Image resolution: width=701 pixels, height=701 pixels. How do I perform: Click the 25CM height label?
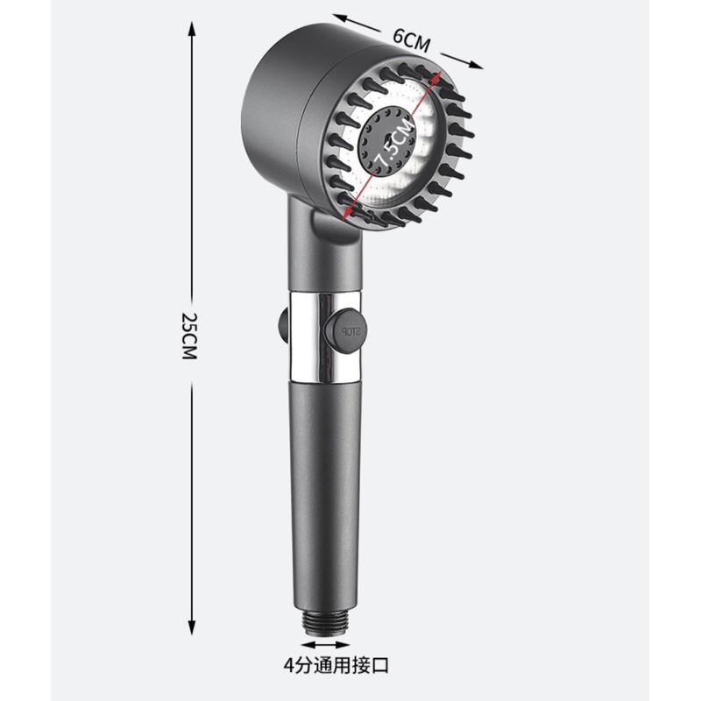[188, 336]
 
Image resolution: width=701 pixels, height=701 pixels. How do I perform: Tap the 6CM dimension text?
[412, 40]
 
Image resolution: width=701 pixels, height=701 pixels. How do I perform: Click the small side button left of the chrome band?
[284, 325]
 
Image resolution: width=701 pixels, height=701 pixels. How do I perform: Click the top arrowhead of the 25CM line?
[192, 29]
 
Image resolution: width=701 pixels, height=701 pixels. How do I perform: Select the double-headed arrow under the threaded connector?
[325, 645]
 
